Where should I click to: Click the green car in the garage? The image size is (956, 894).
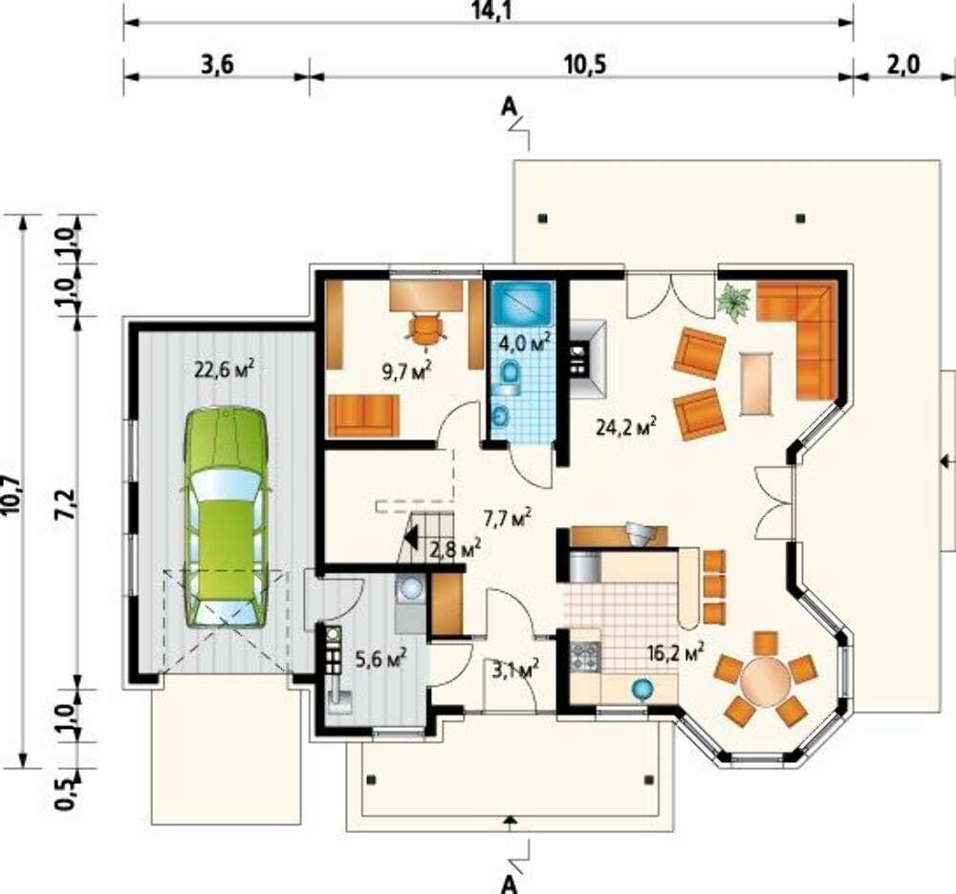[x=227, y=518]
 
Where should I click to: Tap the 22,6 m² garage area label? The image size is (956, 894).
[x=224, y=369]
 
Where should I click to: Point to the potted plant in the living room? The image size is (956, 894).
[x=734, y=301]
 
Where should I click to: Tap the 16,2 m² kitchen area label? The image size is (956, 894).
[x=676, y=653]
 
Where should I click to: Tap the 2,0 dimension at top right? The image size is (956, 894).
[x=903, y=64]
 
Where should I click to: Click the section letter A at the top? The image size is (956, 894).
[x=510, y=108]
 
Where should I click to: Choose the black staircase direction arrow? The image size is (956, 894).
[x=410, y=538]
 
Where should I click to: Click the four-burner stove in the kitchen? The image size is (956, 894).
[x=586, y=657]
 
